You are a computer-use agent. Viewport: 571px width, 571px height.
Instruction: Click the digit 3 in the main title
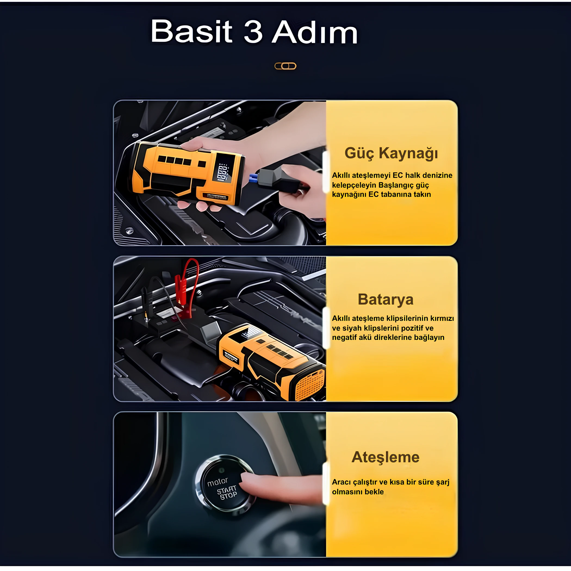(253, 31)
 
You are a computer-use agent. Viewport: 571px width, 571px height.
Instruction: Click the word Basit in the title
(191, 31)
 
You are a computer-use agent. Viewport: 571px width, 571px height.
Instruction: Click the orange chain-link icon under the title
(285, 66)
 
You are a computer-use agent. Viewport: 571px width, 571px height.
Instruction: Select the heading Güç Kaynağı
(391, 153)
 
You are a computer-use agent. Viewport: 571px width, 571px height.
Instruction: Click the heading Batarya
(385, 299)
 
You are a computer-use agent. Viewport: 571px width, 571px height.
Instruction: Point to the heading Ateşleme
(385, 457)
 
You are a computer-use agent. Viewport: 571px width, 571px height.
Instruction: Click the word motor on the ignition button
(218, 482)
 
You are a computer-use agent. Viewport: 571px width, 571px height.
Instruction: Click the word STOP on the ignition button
(228, 496)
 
